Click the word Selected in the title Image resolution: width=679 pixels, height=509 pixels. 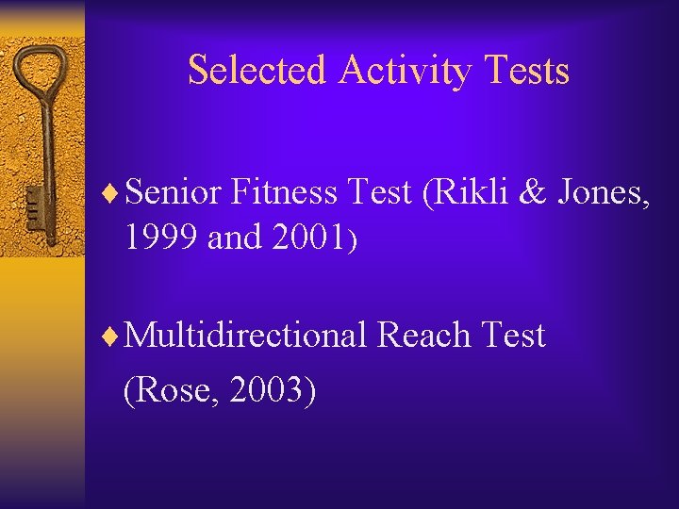click(257, 71)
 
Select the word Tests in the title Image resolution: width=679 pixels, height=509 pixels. click(532, 71)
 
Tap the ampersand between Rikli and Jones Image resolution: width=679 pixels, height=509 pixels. click(535, 193)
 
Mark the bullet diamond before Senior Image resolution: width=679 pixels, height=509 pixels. click(114, 194)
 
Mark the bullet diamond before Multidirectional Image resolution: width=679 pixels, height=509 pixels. click(114, 336)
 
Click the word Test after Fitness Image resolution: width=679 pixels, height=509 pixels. click(381, 193)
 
